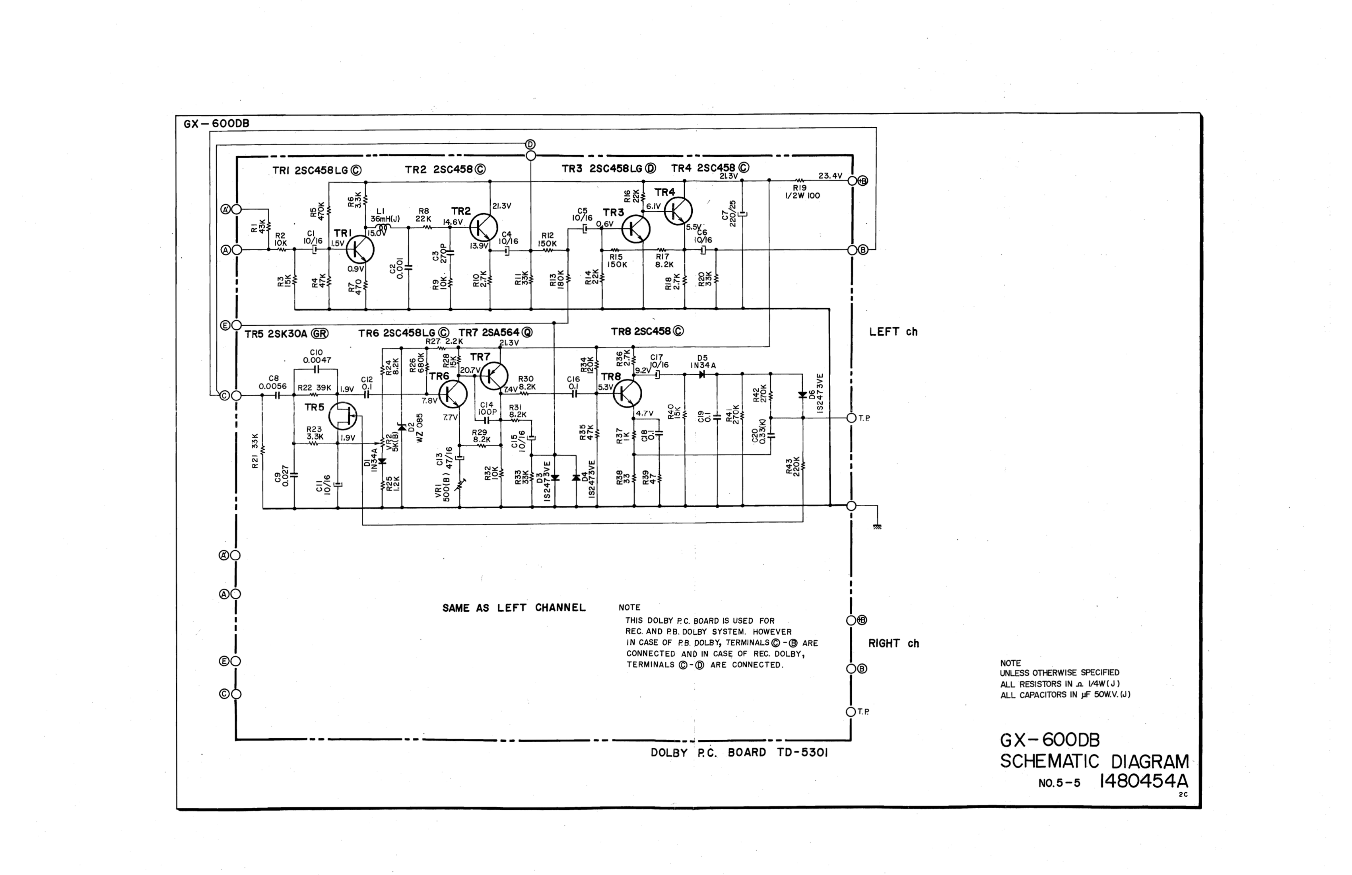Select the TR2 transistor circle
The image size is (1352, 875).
coord(484,227)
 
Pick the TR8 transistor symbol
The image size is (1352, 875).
coord(627,393)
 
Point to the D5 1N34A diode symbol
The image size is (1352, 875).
coord(702,374)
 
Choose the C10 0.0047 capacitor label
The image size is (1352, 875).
coord(317,356)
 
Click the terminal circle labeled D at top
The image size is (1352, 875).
coord(530,156)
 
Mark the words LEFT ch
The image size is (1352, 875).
coord(893,332)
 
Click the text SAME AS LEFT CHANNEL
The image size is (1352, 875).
coord(513,608)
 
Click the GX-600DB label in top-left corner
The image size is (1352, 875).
coord(216,123)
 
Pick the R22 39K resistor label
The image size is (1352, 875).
coord(314,387)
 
